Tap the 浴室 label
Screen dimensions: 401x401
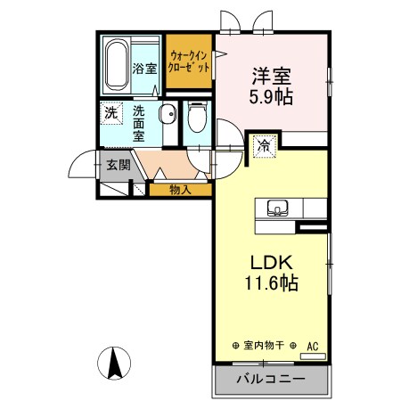pyautogui.click(x=145, y=68)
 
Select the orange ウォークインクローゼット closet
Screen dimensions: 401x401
pyautogui.click(x=188, y=61)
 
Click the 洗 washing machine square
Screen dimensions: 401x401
pyautogui.click(x=110, y=114)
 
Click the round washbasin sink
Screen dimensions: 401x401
pyautogui.click(x=167, y=115)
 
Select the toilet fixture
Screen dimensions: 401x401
pyautogui.click(x=197, y=119)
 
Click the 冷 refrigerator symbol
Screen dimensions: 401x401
pyautogui.click(x=265, y=143)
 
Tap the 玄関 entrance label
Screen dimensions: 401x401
pyautogui.click(x=119, y=164)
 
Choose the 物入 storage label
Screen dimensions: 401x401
pyautogui.click(x=180, y=189)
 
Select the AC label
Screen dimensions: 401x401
pyautogui.click(x=313, y=345)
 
